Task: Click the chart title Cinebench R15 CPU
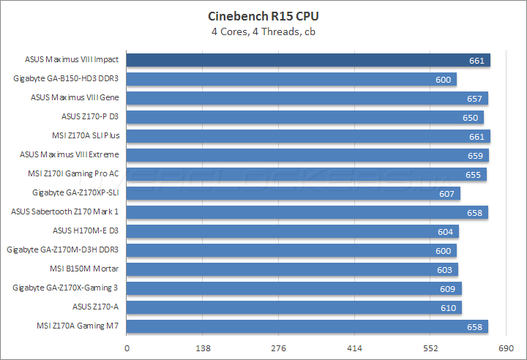coord(263,16)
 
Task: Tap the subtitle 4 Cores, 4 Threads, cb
coord(263,31)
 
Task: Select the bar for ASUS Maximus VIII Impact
coord(308,60)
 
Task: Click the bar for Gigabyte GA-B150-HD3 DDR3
coord(291,79)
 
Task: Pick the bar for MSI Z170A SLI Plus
coord(308,136)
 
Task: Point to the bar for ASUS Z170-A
coord(294,307)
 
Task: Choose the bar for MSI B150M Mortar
coord(292,269)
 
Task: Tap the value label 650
coord(471,118)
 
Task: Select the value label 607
coord(448,194)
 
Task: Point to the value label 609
coord(449,289)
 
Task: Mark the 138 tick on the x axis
coord(203,349)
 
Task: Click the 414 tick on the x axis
coord(354,349)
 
